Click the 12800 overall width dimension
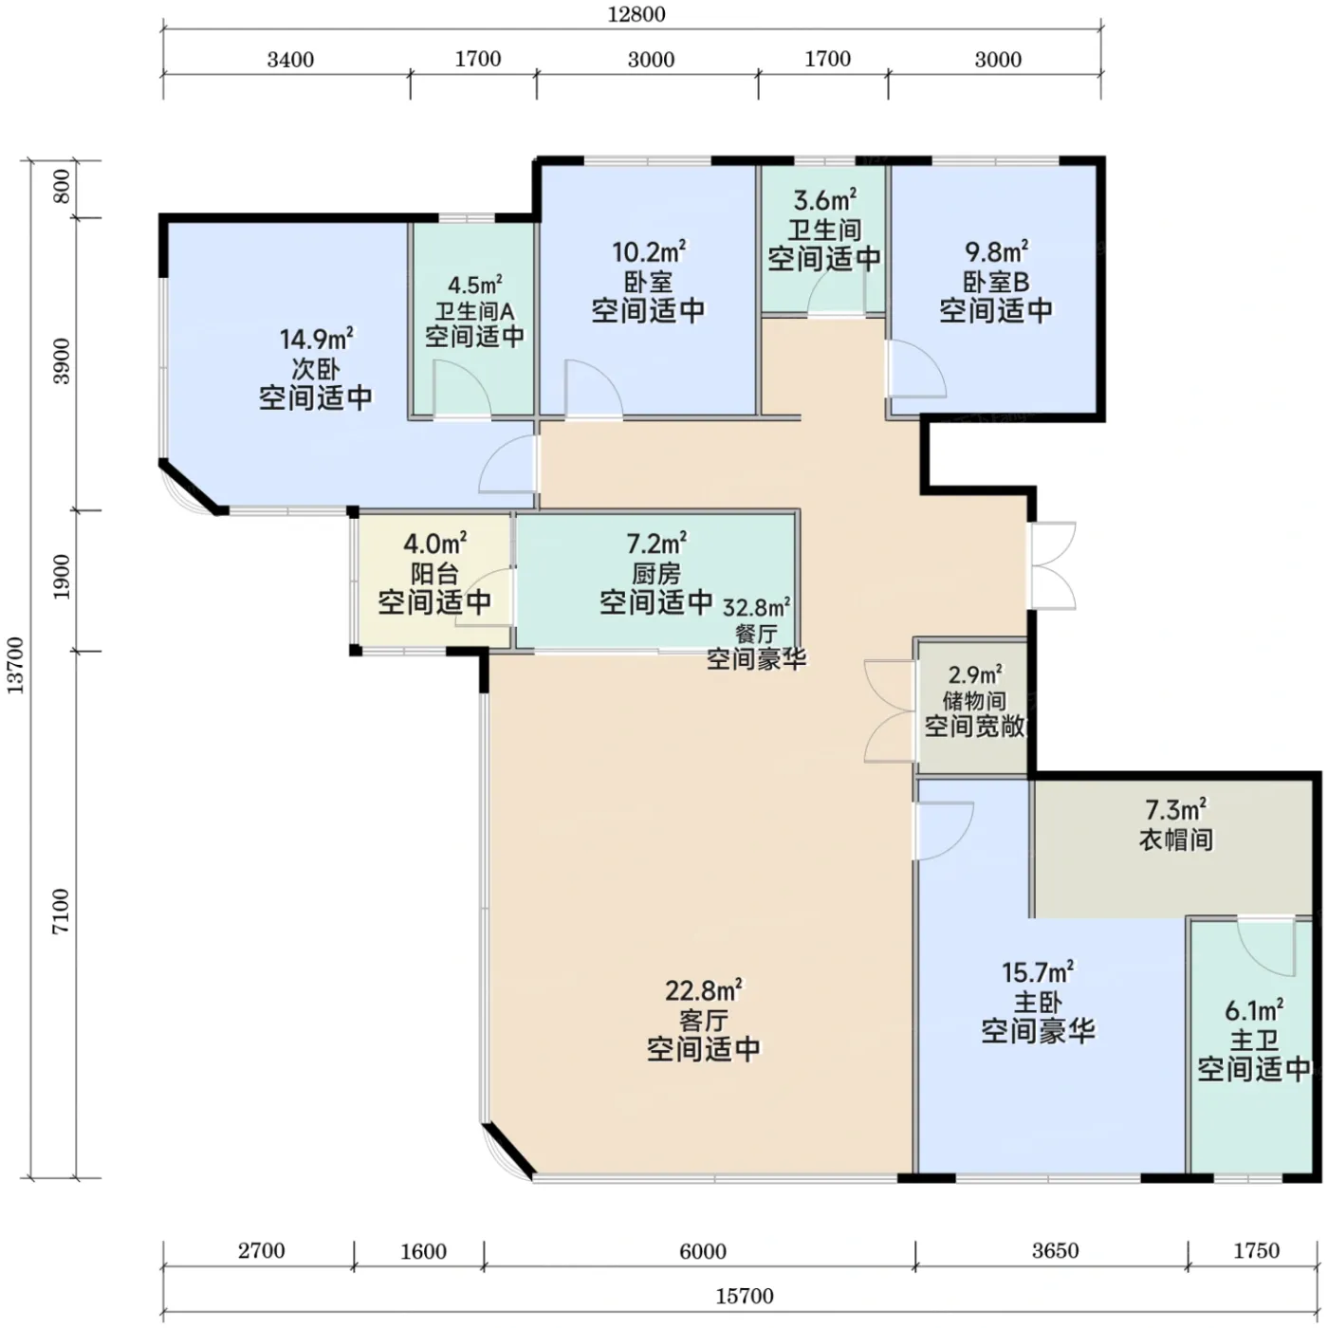(x=636, y=14)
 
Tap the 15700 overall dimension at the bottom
(x=745, y=1296)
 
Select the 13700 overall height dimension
(x=15, y=666)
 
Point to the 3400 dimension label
(x=290, y=60)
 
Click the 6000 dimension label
(x=703, y=1251)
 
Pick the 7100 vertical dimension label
(x=62, y=911)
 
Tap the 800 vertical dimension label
(x=62, y=186)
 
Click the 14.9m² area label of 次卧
(x=316, y=339)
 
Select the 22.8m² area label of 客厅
(x=704, y=990)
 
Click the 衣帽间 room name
(x=1175, y=839)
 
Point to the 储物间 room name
(x=974, y=701)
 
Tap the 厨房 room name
(x=656, y=573)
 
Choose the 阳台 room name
(x=434, y=573)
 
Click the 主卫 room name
(x=1254, y=1040)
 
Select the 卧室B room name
(x=996, y=282)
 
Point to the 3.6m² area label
(x=825, y=200)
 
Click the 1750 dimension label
(x=1256, y=1250)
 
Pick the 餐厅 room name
(x=756, y=634)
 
